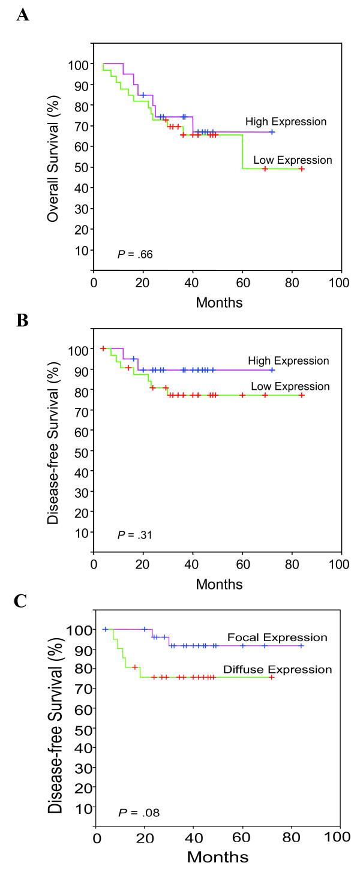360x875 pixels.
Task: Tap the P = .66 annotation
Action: click(135, 255)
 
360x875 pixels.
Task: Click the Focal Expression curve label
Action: click(285, 637)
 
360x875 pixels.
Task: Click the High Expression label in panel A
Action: click(286, 122)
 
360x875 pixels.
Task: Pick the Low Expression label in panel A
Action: click(292, 160)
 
